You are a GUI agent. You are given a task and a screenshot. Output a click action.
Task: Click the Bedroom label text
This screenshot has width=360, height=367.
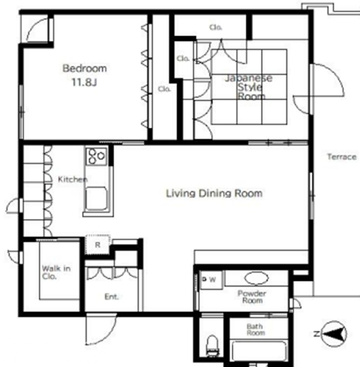click(85, 69)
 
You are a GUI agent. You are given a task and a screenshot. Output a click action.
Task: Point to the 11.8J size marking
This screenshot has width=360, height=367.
click(84, 82)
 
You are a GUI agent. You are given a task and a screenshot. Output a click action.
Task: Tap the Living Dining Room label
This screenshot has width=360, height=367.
click(214, 193)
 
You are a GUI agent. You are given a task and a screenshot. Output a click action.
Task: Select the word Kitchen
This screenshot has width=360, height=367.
click(73, 179)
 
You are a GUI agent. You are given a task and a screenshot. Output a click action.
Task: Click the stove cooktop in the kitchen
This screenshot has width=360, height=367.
click(97, 156)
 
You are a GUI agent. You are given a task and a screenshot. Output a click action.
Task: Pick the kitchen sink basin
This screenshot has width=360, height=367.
click(97, 198)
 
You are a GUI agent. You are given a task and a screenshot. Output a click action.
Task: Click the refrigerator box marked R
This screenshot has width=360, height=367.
click(98, 245)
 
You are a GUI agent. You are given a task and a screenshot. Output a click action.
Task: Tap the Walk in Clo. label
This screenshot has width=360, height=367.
click(56, 272)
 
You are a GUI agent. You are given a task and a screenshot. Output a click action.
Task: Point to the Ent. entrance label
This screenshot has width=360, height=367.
click(112, 297)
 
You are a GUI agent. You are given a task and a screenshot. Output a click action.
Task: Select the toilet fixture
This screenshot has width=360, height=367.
click(213, 344)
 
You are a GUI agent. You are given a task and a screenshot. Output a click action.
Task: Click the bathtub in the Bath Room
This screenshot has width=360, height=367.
click(259, 351)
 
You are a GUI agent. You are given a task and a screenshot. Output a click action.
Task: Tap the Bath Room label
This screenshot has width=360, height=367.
click(255, 330)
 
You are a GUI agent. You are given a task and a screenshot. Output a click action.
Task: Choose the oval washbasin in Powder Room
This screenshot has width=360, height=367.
click(256, 278)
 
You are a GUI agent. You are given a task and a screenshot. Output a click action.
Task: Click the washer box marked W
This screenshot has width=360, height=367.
click(211, 280)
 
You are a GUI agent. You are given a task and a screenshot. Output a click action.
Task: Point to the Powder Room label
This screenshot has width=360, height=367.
click(252, 297)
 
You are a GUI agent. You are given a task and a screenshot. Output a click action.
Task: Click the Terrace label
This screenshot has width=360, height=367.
click(342, 157)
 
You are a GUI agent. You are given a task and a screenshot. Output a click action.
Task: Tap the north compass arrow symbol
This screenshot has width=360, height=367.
click(334, 334)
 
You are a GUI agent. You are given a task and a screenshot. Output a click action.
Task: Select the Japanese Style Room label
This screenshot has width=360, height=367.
click(249, 87)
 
